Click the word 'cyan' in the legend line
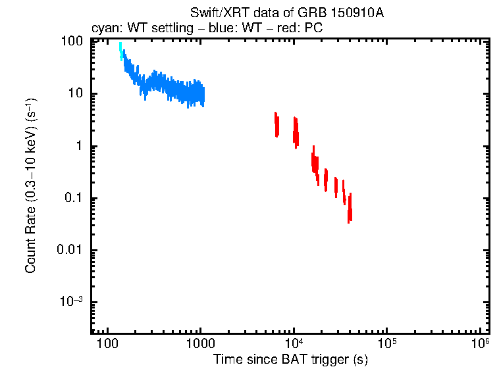click(102, 30)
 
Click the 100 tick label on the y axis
click(71, 41)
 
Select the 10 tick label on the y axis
click(74, 93)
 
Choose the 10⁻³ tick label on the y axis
click(70, 303)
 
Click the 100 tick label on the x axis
click(106, 345)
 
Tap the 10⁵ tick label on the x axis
click(387, 344)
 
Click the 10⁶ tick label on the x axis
click(481, 344)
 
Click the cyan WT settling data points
click(120, 50)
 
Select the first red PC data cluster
click(277, 124)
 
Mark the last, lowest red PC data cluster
click(350, 208)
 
